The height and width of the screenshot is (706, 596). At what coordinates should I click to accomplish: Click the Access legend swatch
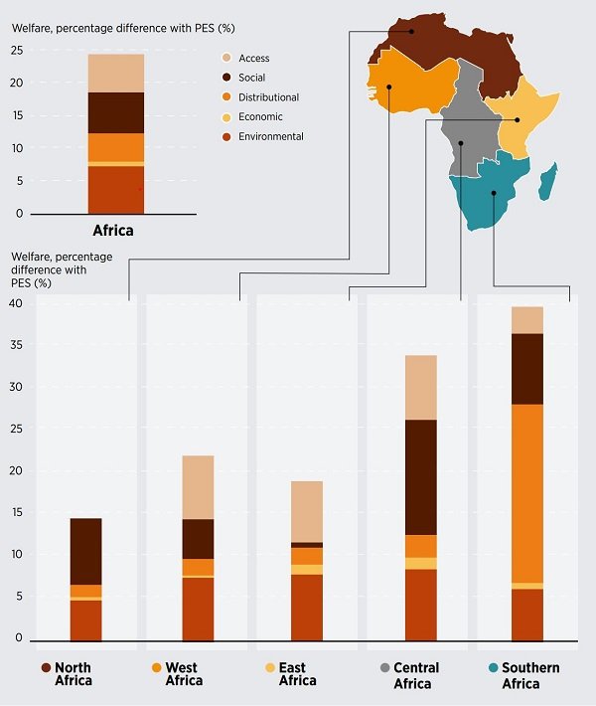[x=225, y=59]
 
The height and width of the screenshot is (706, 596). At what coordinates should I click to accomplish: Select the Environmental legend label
[x=271, y=136]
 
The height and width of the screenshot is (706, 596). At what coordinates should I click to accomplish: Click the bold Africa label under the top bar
[x=116, y=230]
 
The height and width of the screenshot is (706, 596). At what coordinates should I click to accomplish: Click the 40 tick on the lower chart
[x=15, y=304]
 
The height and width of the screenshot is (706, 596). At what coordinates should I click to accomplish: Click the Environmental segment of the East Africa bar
[x=307, y=607]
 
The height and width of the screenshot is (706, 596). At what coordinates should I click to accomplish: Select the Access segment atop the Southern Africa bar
[x=526, y=320]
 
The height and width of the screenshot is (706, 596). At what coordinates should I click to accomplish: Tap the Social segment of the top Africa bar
[x=116, y=112]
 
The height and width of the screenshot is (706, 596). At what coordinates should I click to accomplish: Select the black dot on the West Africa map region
[x=389, y=87]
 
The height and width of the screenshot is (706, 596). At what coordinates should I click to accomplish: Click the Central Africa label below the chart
[x=415, y=674]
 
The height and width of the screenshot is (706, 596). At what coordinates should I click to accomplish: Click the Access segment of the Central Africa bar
[x=420, y=387]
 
